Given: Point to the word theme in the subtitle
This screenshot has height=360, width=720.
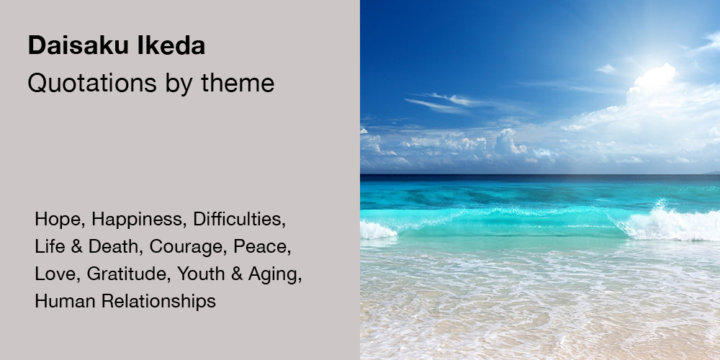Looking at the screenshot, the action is pyautogui.click(x=238, y=83).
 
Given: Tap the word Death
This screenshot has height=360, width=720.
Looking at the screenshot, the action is pyautogui.click(x=113, y=246).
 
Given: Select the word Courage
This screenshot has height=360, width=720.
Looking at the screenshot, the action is pyautogui.click(x=188, y=247).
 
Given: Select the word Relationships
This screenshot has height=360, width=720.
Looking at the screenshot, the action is pyautogui.click(x=158, y=301).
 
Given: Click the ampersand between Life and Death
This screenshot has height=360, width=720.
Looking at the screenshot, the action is pyautogui.click(x=77, y=247).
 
